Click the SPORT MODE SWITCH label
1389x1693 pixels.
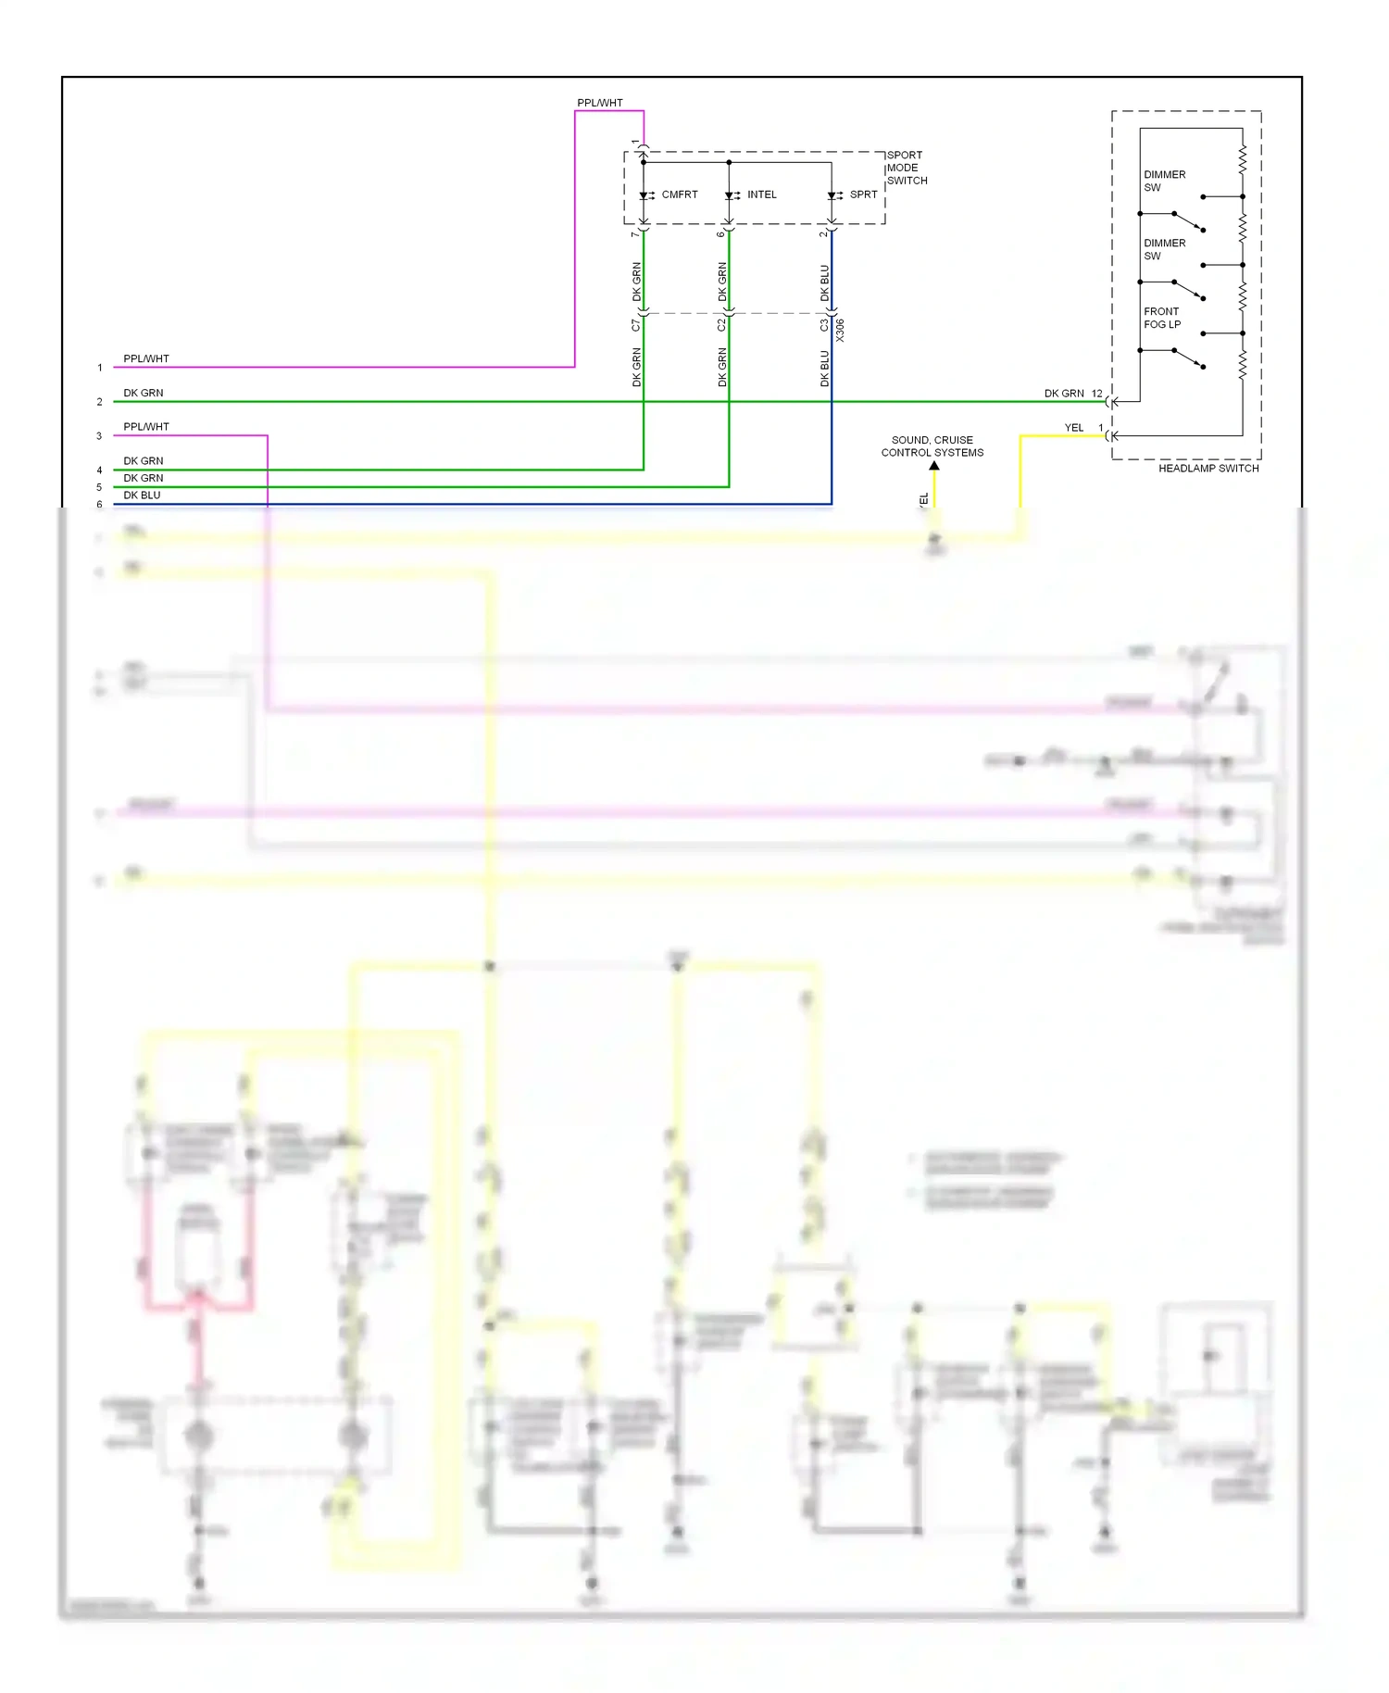coord(906,168)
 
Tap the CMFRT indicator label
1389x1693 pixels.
coord(679,194)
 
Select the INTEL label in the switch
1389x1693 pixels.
coord(761,194)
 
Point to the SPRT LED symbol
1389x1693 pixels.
coord(832,195)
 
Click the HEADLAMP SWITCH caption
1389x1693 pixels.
coord(1208,469)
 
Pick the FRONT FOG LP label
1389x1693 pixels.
coord(1161,318)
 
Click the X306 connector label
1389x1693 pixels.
coord(840,331)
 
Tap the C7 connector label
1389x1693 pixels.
coord(635,325)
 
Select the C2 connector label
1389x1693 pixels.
coord(721,325)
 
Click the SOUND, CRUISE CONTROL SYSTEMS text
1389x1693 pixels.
coord(932,446)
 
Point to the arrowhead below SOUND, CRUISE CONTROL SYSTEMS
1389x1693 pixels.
coord(934,466)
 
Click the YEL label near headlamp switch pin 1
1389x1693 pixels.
coord(1073,428)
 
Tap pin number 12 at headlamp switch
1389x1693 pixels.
coord(1096,394)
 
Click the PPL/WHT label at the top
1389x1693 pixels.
coord(599,103)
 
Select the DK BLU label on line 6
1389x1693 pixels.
coord(142,495)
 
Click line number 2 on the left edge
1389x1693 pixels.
coord(100,402)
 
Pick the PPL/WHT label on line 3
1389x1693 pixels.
coord(146,427)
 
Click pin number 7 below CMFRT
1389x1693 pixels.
coord(634,233)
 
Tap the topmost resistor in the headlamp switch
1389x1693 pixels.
coord(1242,158)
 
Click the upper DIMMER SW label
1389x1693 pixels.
coord(1163,181)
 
